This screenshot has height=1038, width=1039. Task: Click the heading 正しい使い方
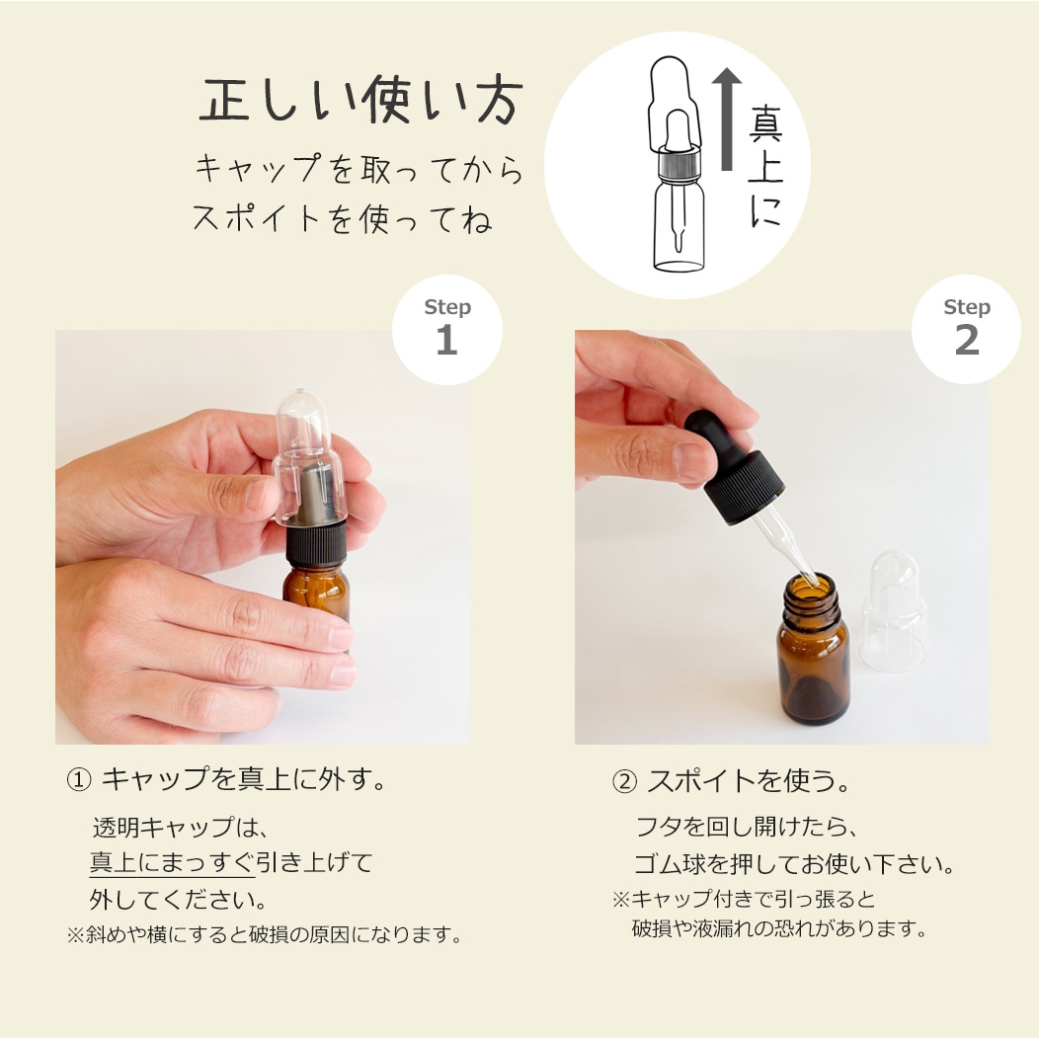[x=360, y=102]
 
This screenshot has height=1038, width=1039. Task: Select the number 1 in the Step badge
[x=446, y=340]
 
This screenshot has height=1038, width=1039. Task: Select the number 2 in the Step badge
[x=966, y=340]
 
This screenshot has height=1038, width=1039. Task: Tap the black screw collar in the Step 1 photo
[x=316, y=544]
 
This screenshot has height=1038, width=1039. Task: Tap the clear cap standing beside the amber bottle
[x=895, y=612]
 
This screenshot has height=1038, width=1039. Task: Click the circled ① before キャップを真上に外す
[x=78, y=779]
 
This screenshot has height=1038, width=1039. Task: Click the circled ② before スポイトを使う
[x=624, y=781]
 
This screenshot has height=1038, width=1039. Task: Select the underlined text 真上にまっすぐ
[x=172, y=862]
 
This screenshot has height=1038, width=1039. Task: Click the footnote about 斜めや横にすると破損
[x=264, y=934]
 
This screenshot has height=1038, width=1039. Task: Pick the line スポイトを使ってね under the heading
[x=342, y=218]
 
